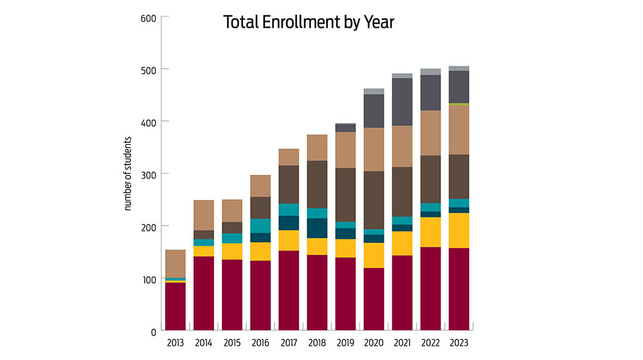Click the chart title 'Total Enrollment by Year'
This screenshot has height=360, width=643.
[x=308, y=22]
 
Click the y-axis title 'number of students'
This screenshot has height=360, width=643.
[x=128, y=174]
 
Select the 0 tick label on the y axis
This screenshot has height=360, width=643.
[x=152, y=332]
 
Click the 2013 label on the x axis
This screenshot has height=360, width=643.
[x=176, y=343]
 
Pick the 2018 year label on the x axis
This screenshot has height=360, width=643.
[x=317, y=343]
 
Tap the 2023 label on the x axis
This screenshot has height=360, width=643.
[x=458, y=343]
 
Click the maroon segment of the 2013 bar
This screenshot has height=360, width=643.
[x=176, y=307]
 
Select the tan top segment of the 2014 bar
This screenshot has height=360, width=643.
[x=204, y=215]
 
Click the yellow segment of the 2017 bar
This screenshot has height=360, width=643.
[x=289, y=240]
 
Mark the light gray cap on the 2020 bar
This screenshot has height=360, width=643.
[x=374, y=91]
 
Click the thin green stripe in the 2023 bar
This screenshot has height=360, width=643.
[x=458, y=104]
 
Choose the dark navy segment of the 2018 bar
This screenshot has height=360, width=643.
[x=317, y=228]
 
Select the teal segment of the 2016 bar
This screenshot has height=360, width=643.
[x=260, y=226]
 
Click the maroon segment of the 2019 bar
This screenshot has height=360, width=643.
[x=345, y=294]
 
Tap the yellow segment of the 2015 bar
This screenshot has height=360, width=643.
[x=232, y=251]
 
